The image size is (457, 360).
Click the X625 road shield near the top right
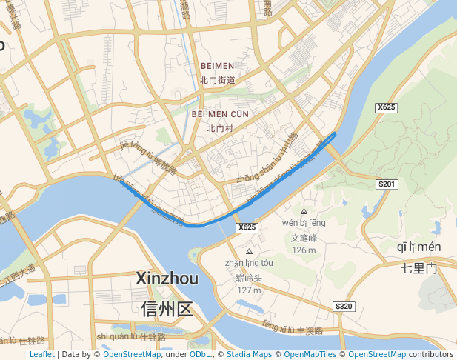coord(386,107)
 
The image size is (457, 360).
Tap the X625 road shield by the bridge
coord(247,227)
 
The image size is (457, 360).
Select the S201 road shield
coord(387,184)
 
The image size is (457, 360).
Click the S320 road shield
coord(344,306)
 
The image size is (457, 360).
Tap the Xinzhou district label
coord(167,279)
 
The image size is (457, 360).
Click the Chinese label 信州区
coord(167,308)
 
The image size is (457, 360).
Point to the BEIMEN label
coord(217,66)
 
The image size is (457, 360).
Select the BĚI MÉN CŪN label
coord(220,114)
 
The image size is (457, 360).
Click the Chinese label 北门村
coord(220,127)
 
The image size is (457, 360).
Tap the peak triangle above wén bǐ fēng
coord(304,211)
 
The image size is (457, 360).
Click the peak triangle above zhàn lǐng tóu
coord(248,251)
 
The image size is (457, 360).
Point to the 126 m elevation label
coord(304,250)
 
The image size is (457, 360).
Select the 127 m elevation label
coord(249,290)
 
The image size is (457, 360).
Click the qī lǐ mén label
coord(419,247)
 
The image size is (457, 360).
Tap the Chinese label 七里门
coord(419,267)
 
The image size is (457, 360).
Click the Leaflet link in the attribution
coord(41,354)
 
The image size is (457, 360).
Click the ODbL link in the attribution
coord(199,354)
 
